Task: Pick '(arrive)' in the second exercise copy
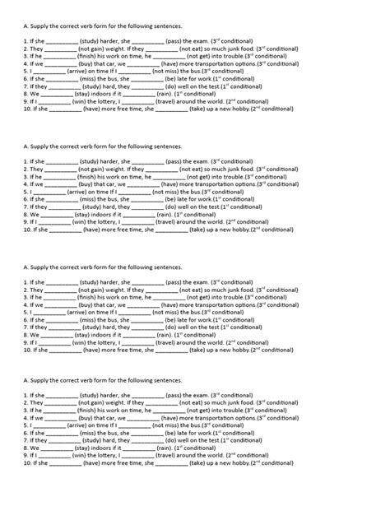[72, 193]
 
